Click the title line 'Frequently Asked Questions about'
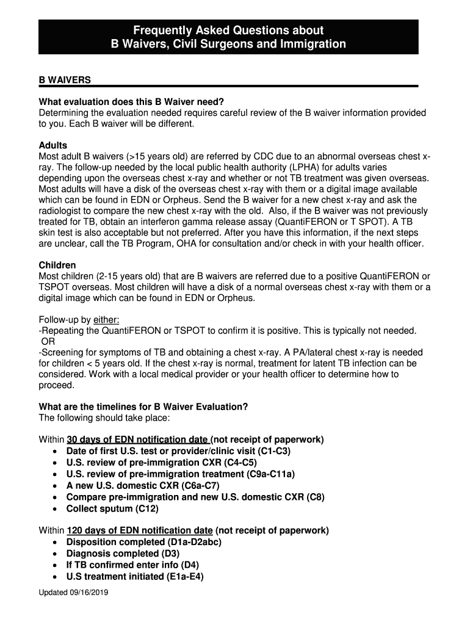(228, 30)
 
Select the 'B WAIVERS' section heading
(65, 80)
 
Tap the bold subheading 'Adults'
(53, 146)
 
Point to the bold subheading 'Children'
(57, 266)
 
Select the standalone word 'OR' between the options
(48, 341)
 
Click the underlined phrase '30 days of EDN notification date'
(137, 439)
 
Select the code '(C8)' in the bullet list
(316, 497)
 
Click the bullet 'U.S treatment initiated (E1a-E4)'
(135, 576)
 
